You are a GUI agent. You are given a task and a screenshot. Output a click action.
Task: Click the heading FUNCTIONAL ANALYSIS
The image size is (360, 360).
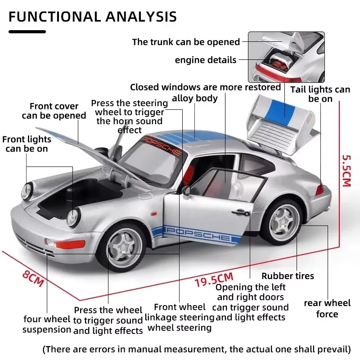(x=93, y=17)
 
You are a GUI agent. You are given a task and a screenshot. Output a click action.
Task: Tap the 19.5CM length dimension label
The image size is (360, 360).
(x=214, y=279)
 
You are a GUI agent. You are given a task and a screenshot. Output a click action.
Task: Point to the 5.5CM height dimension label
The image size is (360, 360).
(x=346, y=171)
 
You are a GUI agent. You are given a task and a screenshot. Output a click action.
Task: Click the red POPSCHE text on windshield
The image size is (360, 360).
(x=162, y=146)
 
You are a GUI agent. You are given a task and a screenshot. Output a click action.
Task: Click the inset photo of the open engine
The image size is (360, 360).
(x=286, y=56)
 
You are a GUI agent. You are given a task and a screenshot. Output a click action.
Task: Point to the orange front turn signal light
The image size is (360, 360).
(x=69, y=244)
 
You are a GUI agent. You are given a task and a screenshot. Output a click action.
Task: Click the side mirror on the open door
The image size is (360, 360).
(x=186, y=191)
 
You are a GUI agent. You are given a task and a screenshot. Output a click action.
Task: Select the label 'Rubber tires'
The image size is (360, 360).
(x=288, y=276)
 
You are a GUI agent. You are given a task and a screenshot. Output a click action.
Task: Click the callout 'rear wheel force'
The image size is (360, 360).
(x=327, y=309)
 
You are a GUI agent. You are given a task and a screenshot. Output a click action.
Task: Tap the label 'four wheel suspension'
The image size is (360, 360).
(x=47, y=324)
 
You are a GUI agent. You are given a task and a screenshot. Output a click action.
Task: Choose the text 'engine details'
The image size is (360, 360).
(x=205, y=60)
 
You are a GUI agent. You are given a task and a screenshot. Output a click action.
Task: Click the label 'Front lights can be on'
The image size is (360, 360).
(x=27, y=144)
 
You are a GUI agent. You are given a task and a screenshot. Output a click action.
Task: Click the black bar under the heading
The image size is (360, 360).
(x=27, y=31)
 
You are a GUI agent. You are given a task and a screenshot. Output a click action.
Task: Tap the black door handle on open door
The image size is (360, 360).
(x=241, y=212)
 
